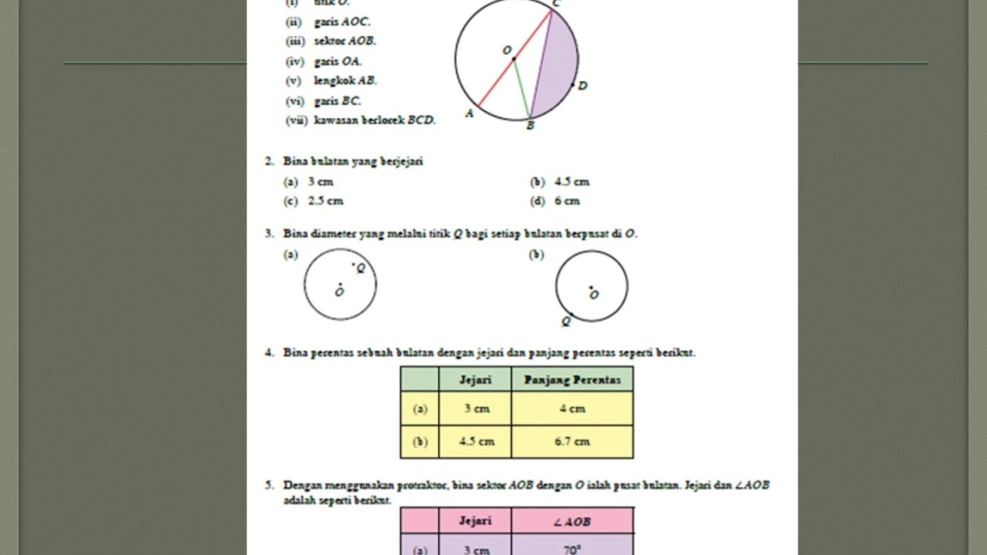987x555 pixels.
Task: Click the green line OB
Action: tap(522, 89)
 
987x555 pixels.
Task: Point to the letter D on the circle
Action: tap(582, 86)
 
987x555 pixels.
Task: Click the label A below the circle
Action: tap(469, 114)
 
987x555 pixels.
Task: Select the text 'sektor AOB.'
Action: tap(345, 42)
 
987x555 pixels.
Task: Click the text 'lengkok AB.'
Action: tap(345, 80)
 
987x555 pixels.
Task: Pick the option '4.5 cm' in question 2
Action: tap(571, 182)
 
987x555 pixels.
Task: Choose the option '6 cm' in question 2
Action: tap(567, 201)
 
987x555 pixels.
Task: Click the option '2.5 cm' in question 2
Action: tap(325, 201)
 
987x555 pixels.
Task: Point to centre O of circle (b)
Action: tap(591, 288)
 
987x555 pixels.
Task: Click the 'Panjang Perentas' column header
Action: tap(572, 379)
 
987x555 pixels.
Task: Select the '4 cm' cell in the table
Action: tap(572, 409)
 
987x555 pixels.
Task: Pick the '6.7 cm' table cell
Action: tap(572, 442)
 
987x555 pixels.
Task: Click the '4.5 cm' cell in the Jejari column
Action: tap(475, 442)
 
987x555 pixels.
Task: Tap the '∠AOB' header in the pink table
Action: tap(572, 522)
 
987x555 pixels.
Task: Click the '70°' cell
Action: tap(572, 550)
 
